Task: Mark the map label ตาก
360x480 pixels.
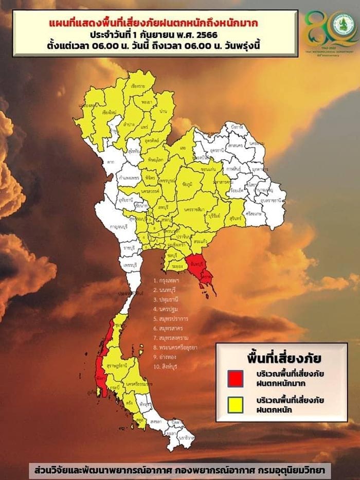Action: coord(111,161)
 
